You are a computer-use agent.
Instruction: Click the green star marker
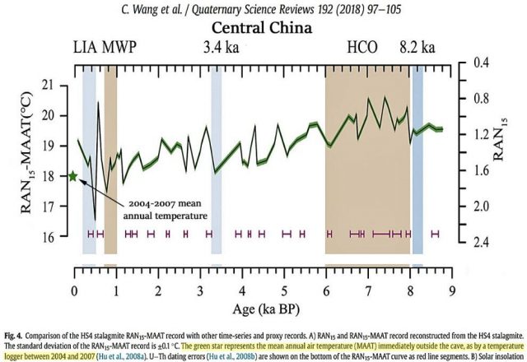tap(73, 176)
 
